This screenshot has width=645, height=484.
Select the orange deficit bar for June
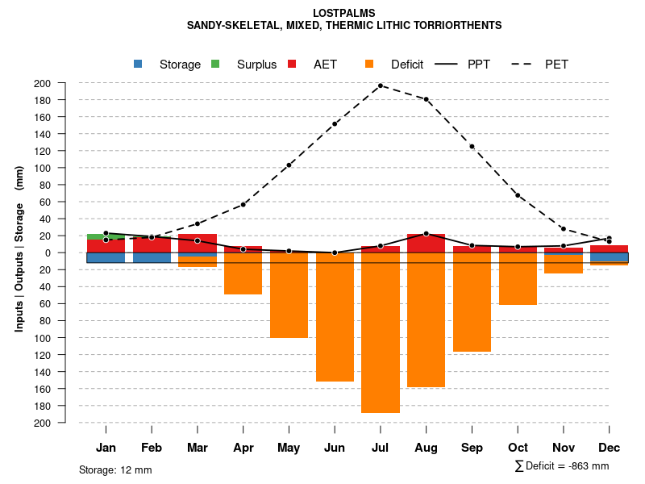[335, 317]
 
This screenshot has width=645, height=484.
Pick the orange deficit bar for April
[243, 273]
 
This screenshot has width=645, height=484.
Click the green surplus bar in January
[106, 237]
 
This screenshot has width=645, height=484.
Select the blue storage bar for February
[152, 257]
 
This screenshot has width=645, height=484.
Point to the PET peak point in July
[381, 86]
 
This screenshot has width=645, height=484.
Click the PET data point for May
[289, 165]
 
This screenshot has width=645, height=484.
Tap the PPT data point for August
[426, 234]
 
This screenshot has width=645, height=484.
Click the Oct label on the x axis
[518, 448]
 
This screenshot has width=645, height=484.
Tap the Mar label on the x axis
[198, 448]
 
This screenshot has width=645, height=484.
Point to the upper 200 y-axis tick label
[64, 83]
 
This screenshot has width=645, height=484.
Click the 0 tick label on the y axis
[70, 252]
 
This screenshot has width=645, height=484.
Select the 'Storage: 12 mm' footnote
[115, 469]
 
